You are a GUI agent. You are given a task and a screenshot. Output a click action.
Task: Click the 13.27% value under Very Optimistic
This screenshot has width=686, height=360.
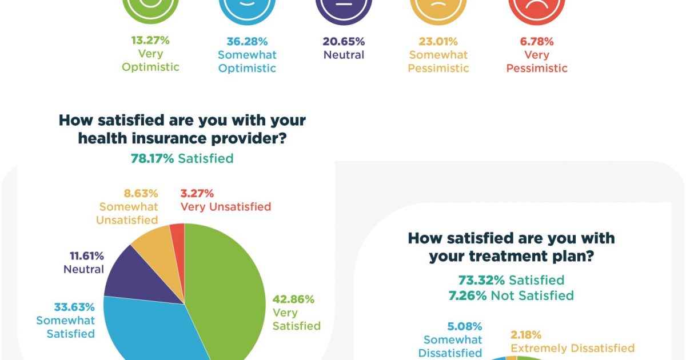point(150,41)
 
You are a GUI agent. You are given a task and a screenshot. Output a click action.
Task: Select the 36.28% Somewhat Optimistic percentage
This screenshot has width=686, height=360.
point(246,42)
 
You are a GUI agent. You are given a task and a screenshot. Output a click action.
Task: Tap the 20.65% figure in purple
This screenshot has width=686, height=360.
point(344,42)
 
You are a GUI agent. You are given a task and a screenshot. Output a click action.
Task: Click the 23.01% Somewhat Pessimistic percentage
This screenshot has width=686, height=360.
point(438,42)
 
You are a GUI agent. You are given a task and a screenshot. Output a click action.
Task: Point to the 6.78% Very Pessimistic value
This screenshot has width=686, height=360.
point(536,42)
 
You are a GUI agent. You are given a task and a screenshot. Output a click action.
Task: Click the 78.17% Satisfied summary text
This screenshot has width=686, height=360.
point(182,158)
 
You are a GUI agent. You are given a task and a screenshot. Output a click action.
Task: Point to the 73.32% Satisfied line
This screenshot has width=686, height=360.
point(511,280)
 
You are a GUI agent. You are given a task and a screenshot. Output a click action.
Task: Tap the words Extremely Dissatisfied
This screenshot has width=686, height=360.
point(572,348)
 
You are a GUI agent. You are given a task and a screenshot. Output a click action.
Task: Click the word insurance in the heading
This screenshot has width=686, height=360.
point(187,138)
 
